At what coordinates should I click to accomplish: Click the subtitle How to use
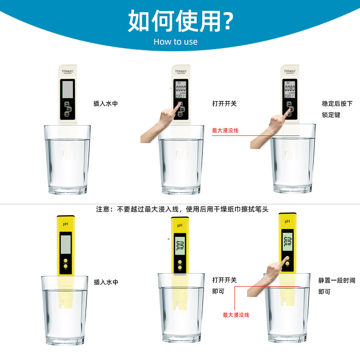(x=175, y=42)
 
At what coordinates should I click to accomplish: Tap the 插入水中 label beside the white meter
(x=106, y=103)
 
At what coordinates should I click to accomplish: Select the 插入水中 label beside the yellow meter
(x=106, y=282)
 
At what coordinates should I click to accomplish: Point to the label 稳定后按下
(x=337, y=103)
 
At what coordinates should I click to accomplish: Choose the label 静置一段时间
(x=337, y=280)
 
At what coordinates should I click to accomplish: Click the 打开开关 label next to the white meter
(x=224, y=103)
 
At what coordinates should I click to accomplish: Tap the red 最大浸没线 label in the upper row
(x=225, y=130)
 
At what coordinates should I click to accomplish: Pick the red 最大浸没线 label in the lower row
(x=236, y=315)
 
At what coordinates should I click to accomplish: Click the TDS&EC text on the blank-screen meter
(x=69, y=72)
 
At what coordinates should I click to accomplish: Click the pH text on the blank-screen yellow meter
(x=66, y=224)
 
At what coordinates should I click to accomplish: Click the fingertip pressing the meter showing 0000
(x=179, y=104)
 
